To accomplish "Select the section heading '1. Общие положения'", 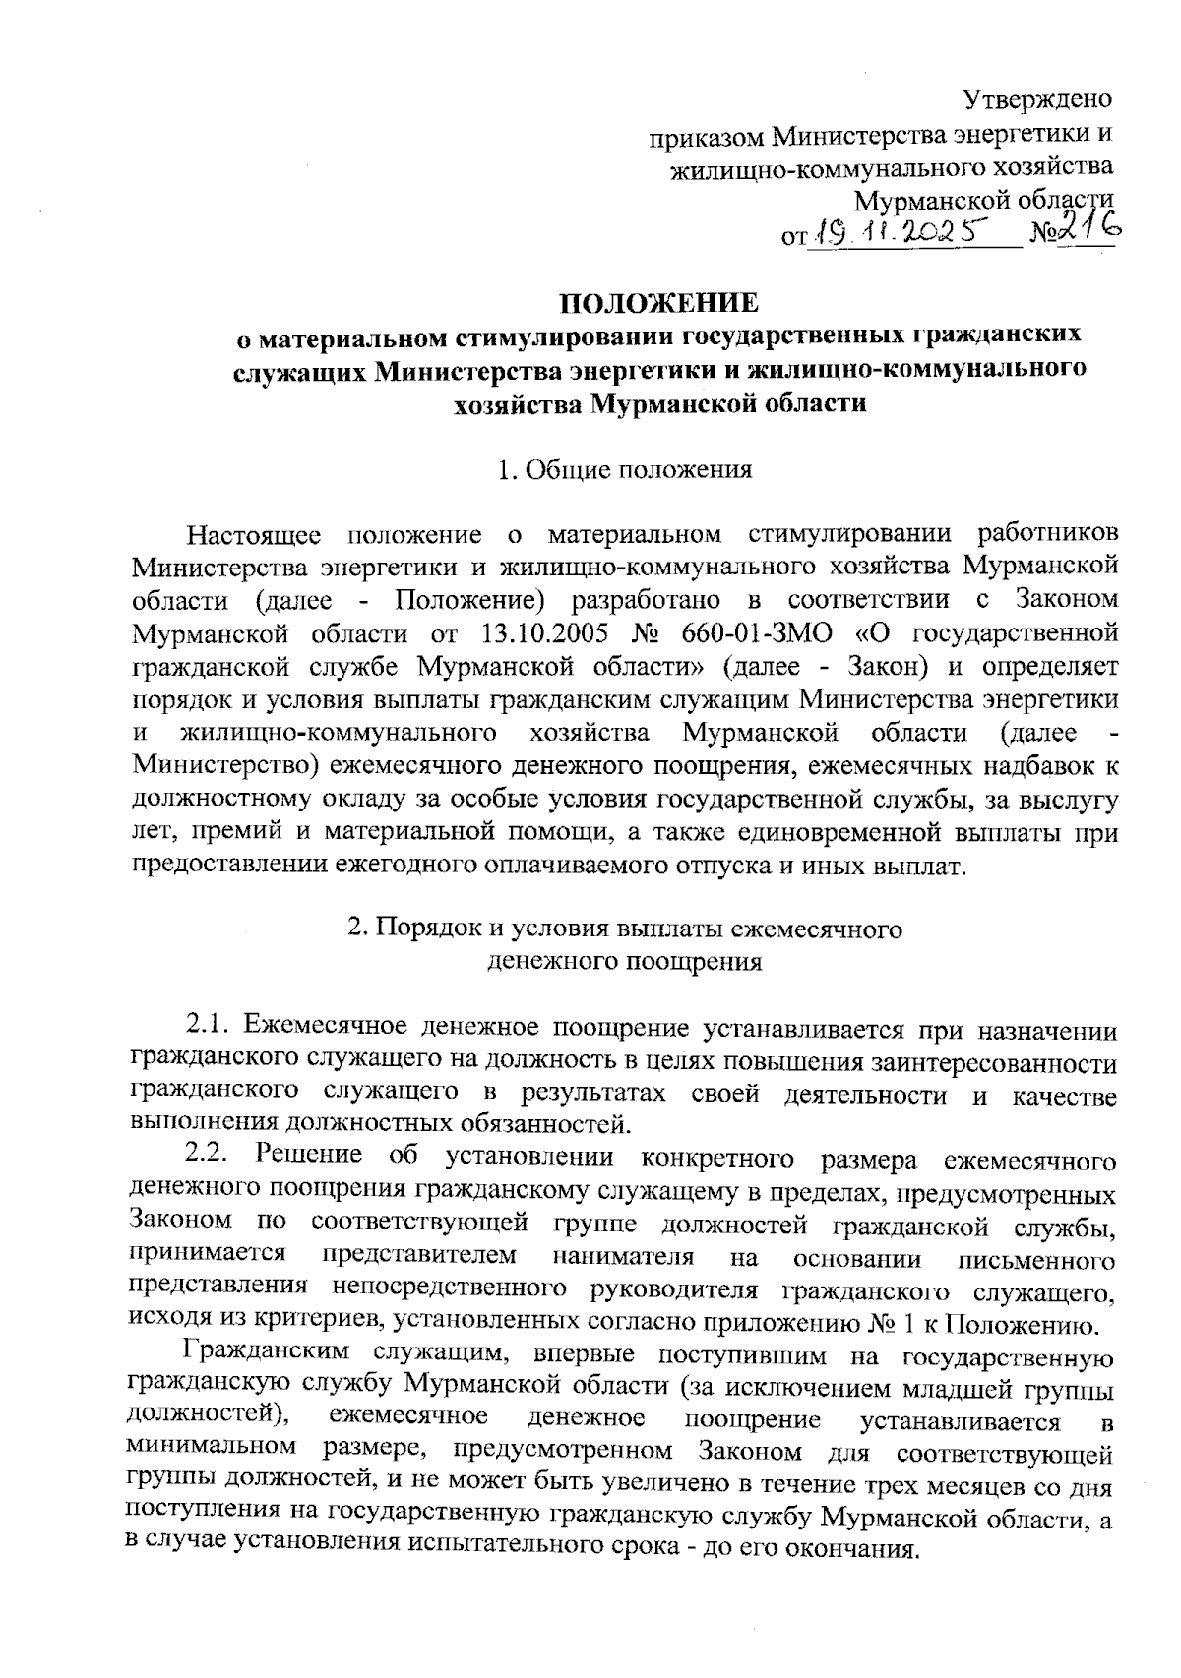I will (625, 470).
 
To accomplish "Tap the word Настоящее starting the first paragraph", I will (254, 535).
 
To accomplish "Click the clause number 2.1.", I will (209, 1029).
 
